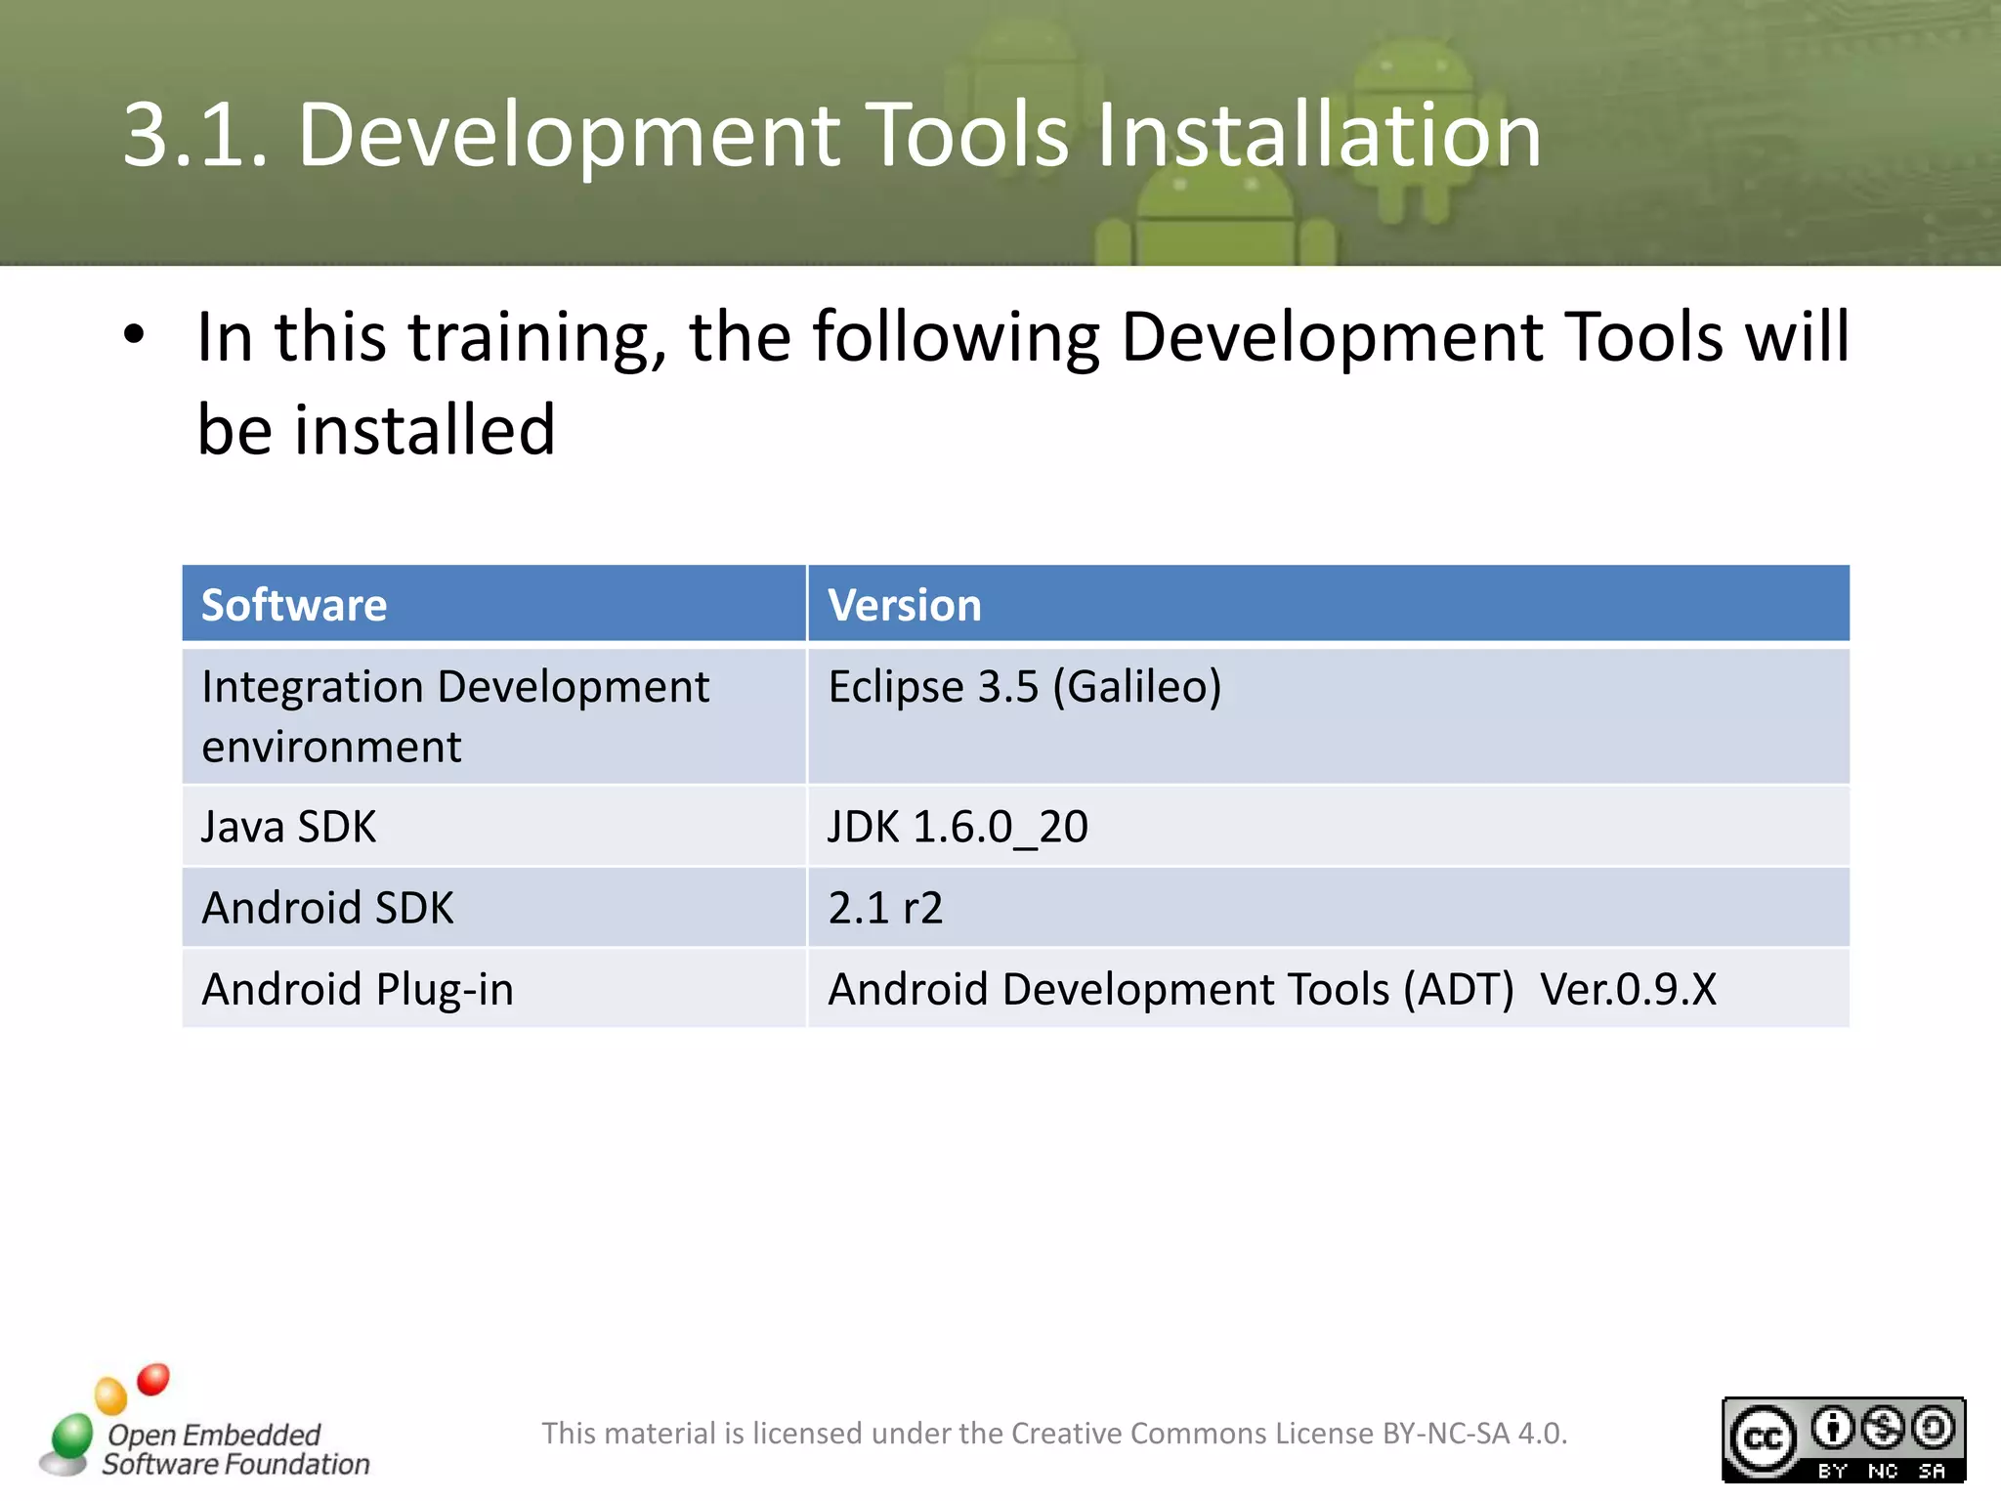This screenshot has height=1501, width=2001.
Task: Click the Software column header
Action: coord(294,605)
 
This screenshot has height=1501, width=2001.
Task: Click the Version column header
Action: coord(904,605)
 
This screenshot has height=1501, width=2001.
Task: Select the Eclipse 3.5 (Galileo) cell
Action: coord(1024,686)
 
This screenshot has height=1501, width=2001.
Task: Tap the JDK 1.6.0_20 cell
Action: coord(957,827)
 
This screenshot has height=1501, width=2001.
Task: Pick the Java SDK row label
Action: coord(288,827)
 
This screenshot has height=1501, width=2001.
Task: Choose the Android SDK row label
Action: coord(327,908)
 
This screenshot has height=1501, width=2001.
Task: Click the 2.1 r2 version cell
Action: coord(885,908)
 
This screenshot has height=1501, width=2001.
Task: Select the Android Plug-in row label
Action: coord(358,989)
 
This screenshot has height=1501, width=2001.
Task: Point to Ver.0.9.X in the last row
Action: coord(1628,989)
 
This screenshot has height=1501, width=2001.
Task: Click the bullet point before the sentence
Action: coord(134,336)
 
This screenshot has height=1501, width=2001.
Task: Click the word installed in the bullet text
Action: coord(425,430)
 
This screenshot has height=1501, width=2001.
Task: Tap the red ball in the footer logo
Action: coord(153,1379)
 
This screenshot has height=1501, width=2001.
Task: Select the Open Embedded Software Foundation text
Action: coord(234,1449)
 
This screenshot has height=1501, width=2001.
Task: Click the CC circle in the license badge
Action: coord(1763,1438)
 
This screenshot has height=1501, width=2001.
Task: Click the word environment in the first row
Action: coord(331,748)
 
